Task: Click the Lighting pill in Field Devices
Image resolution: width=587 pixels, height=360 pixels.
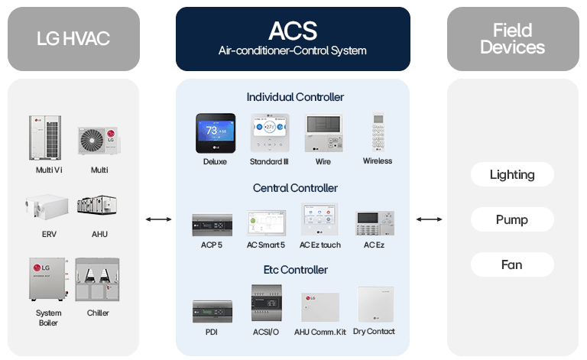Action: click(x=512, y=174)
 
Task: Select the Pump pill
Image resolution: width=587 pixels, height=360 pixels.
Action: click(x=512, y=219)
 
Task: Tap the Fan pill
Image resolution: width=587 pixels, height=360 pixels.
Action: click(x=512, y=264)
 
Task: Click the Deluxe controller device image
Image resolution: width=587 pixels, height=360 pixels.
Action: click(x=215, y=134)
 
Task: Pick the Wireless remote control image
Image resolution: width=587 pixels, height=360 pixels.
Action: click(x=377, y=133)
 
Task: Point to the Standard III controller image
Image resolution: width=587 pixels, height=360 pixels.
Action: click(x=269, y=134)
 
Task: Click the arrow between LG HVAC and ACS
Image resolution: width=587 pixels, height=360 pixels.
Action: click(x=158, y=220)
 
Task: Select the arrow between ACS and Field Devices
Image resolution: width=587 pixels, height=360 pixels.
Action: click(x=429, y=220)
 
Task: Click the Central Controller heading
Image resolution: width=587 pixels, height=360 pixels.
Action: click(x=295, y=188)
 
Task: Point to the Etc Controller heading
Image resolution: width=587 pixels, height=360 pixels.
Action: click(x=295, y=269)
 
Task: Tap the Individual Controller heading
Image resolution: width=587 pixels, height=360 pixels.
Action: click(x=295, y=97)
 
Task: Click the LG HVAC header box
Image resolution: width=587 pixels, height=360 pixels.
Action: click(x=74, y=37)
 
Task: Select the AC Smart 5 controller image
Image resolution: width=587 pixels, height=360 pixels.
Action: click(x=266, y=222)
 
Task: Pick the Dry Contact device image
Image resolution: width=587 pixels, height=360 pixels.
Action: click(x=375, y=303)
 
